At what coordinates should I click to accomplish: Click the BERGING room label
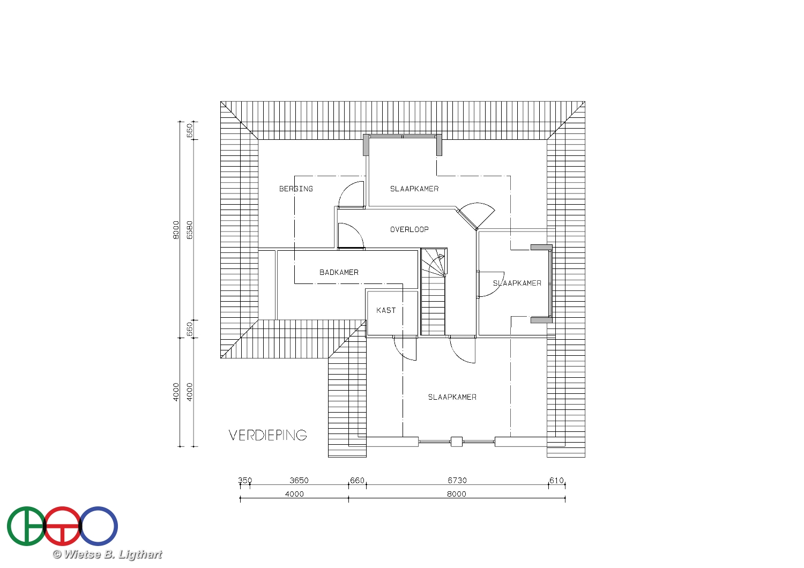296,189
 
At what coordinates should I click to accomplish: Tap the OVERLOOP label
409,229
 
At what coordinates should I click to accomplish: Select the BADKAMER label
339,272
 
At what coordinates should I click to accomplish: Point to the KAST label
386,310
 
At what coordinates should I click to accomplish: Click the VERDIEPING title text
268,435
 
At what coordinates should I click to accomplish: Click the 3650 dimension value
299,481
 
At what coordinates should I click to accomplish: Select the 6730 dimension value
457,481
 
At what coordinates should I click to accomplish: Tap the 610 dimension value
557,481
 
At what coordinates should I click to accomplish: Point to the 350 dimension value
245,481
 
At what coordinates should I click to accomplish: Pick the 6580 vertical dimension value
190,230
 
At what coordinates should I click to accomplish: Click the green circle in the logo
26,526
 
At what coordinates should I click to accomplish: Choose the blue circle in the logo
98,526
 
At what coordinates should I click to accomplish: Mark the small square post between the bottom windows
456,442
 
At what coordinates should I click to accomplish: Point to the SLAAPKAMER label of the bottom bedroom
452,397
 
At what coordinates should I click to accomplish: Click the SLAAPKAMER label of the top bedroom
414,189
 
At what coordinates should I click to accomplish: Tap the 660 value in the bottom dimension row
357,481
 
